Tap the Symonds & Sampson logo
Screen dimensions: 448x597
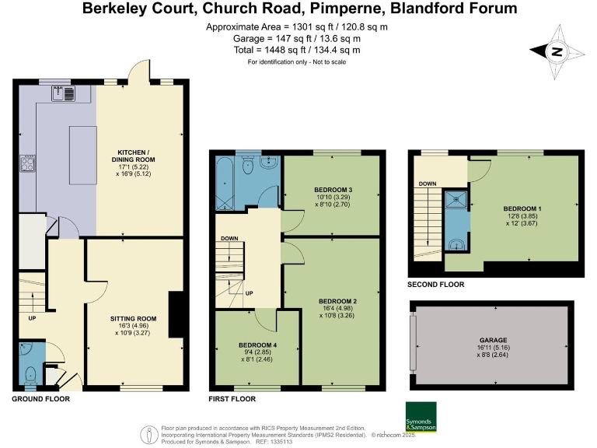point(421,417)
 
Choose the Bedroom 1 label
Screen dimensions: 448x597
point(522,214)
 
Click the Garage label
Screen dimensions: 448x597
point(493,345)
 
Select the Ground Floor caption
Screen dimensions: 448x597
point(41,399)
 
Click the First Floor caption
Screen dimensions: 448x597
point(232,399)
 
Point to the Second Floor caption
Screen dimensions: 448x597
point(435,285)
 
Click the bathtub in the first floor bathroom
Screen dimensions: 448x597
point(225,184)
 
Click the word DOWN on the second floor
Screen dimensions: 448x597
point(428,184)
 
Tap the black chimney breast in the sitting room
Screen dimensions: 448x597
point(176,315)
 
